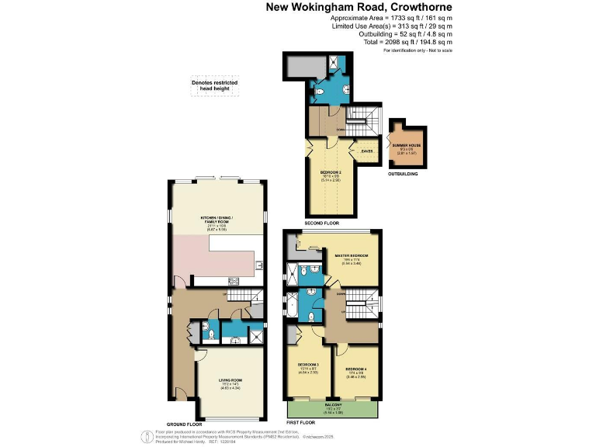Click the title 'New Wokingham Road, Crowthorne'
click(x=359, y=7)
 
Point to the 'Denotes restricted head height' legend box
click(x=215, y=86)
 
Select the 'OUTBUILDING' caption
click(x=403, y=175)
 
